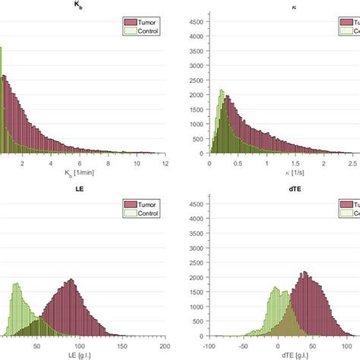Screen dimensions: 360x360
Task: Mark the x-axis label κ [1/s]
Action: point(280,173)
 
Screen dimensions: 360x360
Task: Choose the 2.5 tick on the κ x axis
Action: point(352,163)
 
